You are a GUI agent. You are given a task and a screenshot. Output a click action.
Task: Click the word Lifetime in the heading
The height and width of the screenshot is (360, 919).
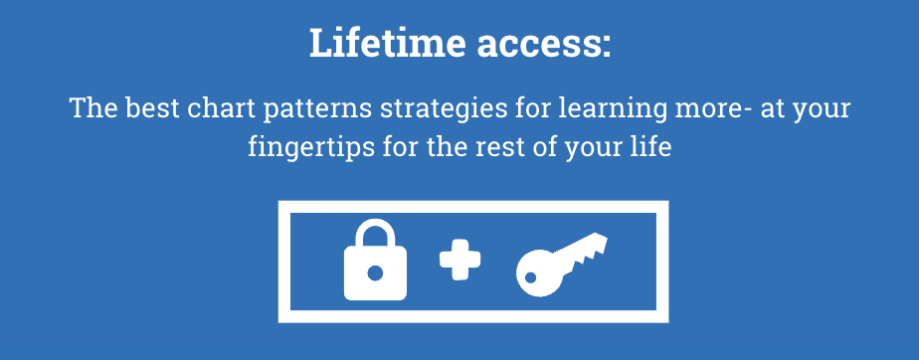pyautogui.click(x=388, y=42)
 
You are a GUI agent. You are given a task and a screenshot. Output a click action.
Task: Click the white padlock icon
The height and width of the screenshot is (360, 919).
pyautogui.click(x=375, y=260)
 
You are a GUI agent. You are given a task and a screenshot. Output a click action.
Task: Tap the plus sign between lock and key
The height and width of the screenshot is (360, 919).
pyautogui.click(x=460, y=260)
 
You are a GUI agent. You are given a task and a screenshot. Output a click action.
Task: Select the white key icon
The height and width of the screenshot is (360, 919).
pyautogui.click(x=561, y=264)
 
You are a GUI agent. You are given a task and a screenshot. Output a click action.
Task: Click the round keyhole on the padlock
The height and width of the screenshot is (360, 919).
pyautogui.click(x=375, y=272)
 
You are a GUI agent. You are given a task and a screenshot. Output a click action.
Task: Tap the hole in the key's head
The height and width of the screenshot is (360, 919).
pyautogui.click(x=531, y=277)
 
